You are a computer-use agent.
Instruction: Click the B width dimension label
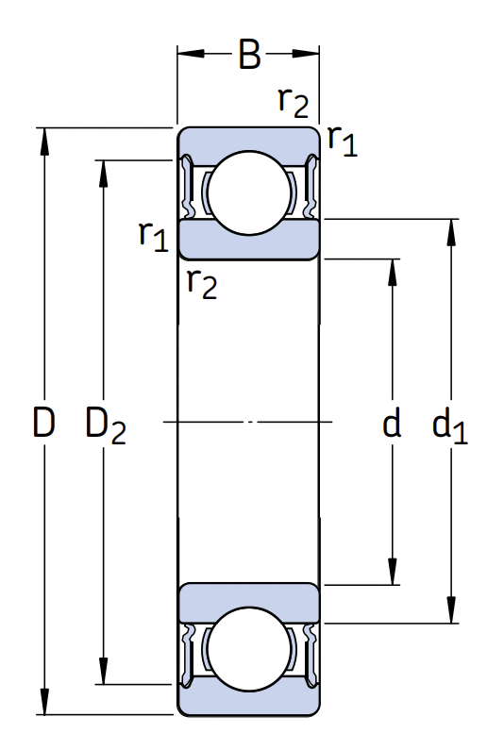[x=249, y=54]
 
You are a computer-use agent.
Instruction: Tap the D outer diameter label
[x=43, y=422]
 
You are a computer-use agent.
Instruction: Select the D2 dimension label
[x=106, y=425]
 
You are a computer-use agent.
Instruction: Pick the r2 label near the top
[x=294, y=102]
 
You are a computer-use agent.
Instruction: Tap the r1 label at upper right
[x=343, y=141]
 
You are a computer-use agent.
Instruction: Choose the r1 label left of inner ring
[x=154, y=236]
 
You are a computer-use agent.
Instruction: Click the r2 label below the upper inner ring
[x=202, y=283]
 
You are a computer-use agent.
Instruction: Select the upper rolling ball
[x=249, y=192]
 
